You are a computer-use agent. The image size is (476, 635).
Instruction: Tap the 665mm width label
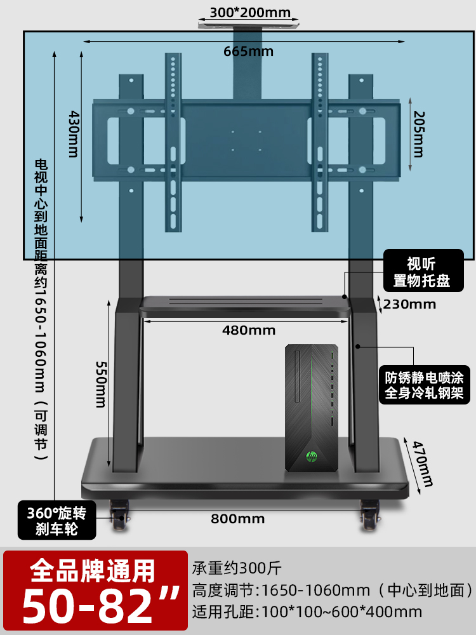248,51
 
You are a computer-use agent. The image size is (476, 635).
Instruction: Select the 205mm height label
418,134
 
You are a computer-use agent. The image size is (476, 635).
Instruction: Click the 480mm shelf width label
249,330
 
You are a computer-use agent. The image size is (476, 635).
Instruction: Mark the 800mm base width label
228,519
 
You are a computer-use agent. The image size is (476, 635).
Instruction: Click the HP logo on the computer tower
312,456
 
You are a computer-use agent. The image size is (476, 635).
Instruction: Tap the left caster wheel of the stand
119,516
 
